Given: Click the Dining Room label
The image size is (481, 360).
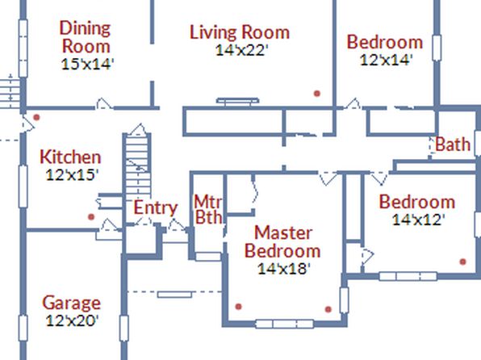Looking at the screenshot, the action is point(85,37).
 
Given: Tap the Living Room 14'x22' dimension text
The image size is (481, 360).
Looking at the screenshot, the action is point(242,50).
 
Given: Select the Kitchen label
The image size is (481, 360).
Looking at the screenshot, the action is point(70,157).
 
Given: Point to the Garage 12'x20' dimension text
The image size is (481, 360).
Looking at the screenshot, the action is point(72,320).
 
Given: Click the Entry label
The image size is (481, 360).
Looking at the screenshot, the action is point(156,207).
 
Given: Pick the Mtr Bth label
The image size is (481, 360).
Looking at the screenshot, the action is point(208,209).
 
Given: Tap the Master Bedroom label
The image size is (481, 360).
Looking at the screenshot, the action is point(282,242).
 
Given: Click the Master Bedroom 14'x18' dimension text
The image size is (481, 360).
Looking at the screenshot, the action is point(284,269).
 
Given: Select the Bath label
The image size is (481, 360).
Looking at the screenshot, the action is point(453,144).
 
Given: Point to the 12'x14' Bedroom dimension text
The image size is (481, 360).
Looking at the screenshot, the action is point(386,60).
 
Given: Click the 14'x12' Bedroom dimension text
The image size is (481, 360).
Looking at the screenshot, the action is point(418,220).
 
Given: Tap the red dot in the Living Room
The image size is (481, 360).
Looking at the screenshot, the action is point(317,94).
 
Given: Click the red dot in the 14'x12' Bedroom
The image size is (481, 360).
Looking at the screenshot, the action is point(462,262).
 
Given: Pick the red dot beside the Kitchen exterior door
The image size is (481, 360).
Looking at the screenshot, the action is point(36,117).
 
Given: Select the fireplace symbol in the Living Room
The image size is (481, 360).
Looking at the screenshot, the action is point(238,102).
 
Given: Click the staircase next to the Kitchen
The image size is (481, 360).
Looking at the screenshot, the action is point(137,165).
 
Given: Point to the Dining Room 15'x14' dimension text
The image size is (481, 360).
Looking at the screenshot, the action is point(88,64).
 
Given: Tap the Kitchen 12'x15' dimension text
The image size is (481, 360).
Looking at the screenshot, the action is point(72,175).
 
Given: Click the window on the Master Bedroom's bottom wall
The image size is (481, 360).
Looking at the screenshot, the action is point(284,324).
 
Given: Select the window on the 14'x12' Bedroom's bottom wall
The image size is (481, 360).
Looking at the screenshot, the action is point(408,276).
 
